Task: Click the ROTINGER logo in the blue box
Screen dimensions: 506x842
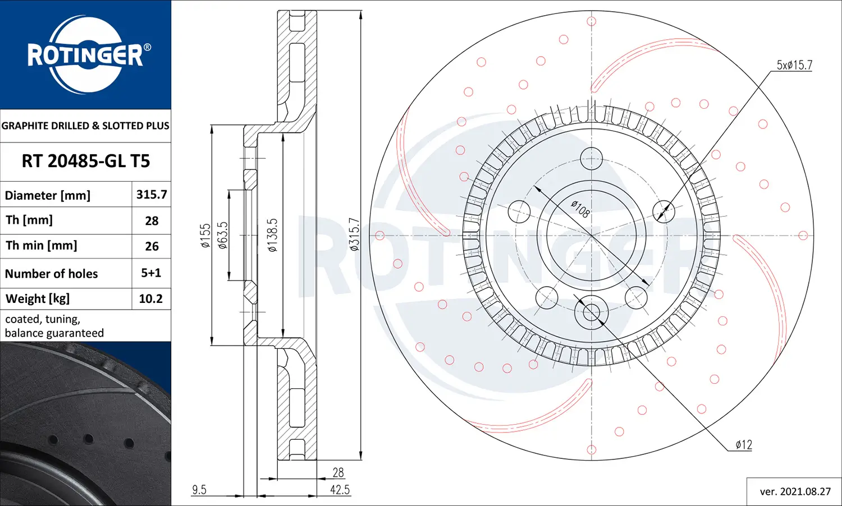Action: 86,55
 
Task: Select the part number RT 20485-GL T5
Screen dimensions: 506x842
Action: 86,162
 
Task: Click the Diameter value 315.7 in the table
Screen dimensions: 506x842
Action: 152,195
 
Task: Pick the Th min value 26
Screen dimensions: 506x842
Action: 152,246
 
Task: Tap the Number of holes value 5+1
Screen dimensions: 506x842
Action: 151,273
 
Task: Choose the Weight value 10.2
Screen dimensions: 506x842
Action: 151,299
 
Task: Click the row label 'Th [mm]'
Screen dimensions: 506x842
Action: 29,220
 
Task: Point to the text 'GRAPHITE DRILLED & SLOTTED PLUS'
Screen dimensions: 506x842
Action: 85,126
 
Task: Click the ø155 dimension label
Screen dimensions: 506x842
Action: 205,236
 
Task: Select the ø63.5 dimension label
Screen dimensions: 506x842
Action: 223,236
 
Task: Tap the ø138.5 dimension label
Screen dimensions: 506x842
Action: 272,236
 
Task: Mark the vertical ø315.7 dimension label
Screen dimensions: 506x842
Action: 354,234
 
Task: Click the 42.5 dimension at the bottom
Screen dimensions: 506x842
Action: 340,490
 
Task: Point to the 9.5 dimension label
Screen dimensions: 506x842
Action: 199,490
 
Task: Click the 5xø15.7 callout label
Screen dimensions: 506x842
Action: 794,65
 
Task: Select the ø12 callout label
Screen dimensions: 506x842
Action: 744,445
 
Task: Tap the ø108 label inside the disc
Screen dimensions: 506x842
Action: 580,209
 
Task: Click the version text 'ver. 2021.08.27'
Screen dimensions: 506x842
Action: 795,491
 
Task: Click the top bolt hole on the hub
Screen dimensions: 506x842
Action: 591,159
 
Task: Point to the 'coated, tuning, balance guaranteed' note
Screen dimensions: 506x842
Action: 54,326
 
